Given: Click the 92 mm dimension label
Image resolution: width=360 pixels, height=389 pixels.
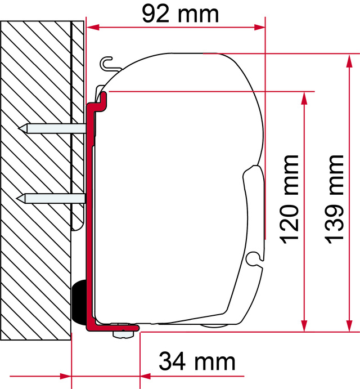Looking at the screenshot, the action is (x=180, y=14).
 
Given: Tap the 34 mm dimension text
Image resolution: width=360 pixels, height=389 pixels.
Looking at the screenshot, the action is (x=197, y=361).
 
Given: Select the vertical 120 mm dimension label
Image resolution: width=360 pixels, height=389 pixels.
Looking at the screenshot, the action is (x=289, y=199).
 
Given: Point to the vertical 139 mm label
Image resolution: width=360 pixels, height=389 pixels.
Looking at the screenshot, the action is (x=334, y=199).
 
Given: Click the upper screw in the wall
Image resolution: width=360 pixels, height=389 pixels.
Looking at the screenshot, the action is (x=52, y=128).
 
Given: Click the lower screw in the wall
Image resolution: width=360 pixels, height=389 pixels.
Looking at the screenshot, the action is (x=51, y=198).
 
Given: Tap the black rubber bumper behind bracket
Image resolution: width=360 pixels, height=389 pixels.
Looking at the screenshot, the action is (x=79, y=302).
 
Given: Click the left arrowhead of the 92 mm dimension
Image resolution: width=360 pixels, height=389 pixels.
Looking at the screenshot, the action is (x=93, y=27).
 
